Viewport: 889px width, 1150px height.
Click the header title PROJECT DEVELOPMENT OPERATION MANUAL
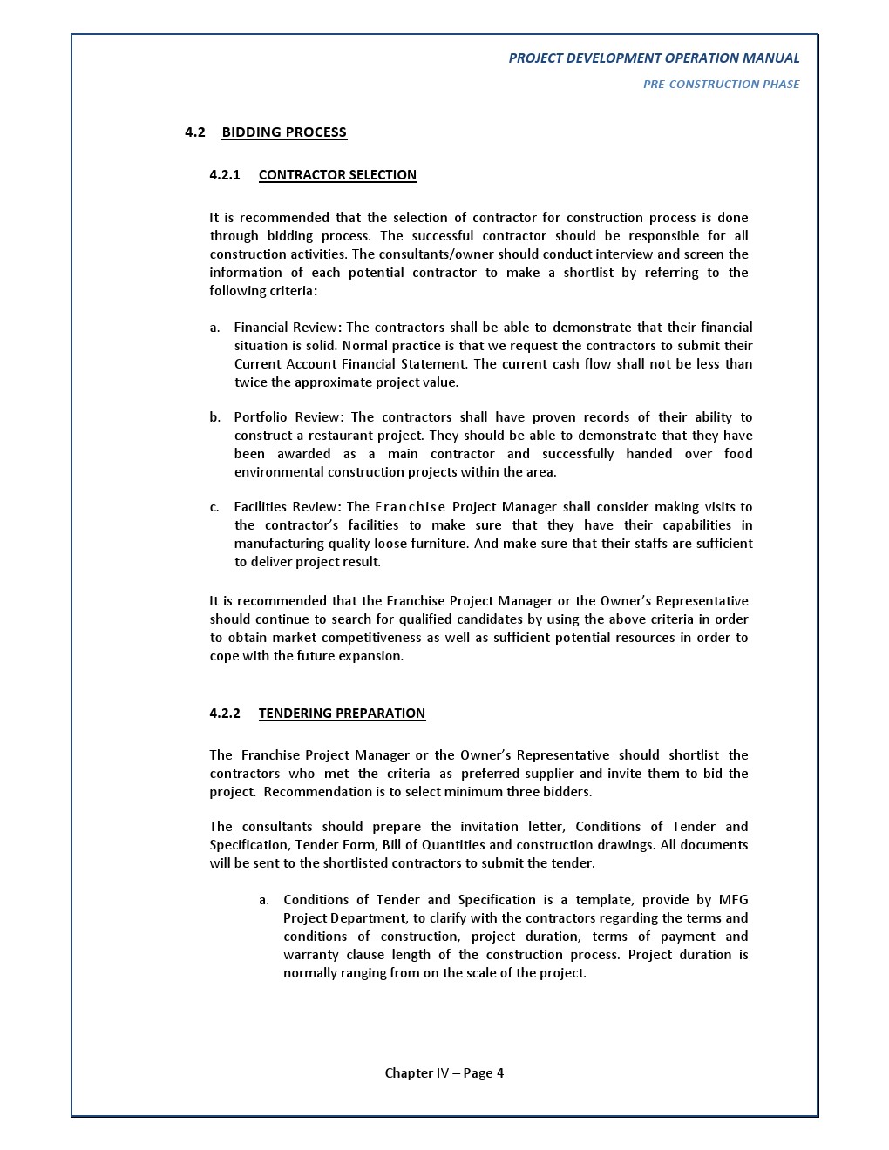654,58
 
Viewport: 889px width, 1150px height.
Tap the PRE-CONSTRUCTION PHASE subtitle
721,85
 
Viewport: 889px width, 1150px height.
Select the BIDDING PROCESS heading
284,132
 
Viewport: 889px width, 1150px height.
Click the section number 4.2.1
224,175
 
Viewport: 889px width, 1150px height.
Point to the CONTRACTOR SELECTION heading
337,175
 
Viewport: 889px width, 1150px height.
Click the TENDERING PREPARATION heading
342,714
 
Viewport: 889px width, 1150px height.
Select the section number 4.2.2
224,714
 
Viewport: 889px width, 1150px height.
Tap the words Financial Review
287,328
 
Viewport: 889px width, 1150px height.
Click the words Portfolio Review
287,417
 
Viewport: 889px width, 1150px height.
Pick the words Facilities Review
287,507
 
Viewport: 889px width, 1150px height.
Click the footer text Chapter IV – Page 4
444,1073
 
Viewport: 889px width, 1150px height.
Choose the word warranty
311,955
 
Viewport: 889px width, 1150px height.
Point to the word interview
625,254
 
